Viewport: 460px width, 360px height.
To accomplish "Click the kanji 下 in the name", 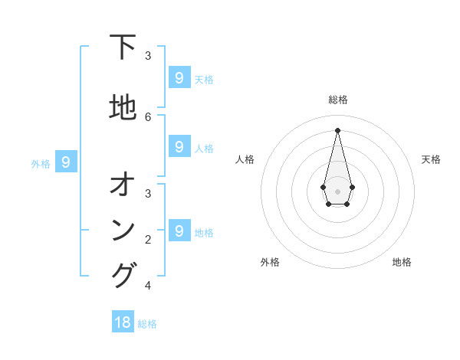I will coord(123,47).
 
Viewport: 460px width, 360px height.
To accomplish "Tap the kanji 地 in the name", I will coord(123,108).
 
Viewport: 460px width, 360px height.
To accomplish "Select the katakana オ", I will coord(123,185).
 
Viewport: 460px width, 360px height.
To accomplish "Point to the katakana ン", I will coord(123,230).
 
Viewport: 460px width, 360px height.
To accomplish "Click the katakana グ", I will coord(123,275).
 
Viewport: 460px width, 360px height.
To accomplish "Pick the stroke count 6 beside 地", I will coord(148,116).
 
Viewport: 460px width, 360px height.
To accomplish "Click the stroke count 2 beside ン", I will coord(148,239).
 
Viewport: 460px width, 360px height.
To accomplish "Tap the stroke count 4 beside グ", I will coord(148,286).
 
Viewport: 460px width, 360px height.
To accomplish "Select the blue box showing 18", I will coord(123,322).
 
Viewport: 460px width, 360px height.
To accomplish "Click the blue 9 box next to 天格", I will coord(179,77).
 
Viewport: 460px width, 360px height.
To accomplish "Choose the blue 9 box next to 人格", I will coord(179,146).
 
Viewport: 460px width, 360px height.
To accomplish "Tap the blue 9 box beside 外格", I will coord(66,162).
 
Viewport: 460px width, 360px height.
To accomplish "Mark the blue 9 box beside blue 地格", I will coord(179,231).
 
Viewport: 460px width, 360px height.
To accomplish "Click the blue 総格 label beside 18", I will coord(147,324).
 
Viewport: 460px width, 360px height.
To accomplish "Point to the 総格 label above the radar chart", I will coord(337,100).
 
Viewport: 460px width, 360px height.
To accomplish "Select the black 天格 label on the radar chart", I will coord(431,159).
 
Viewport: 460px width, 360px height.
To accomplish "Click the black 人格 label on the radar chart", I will coord(245,159).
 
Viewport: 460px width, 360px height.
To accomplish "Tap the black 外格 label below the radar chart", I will coord(270,262).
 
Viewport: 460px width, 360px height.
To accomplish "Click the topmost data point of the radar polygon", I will coord(337,129).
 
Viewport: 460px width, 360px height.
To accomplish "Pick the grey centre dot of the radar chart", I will coord(337,191).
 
